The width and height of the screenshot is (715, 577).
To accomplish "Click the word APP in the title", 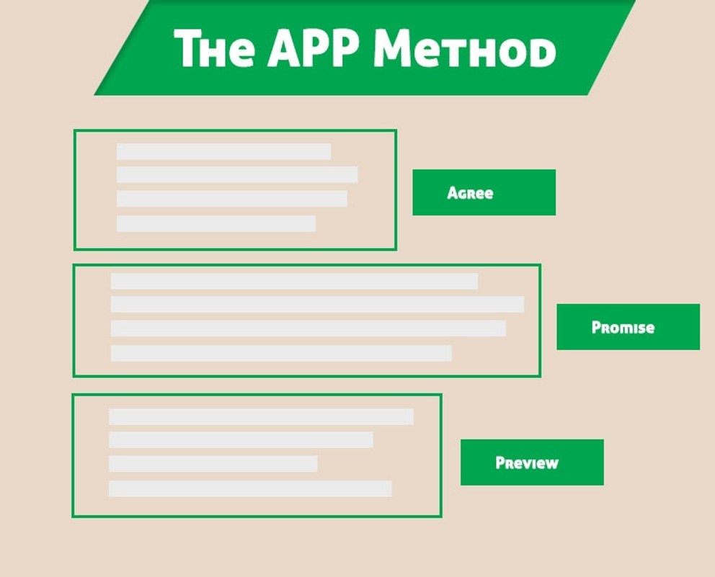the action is [x=313, y=48].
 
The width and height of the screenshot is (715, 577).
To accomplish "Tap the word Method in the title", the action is [x=465, y=48].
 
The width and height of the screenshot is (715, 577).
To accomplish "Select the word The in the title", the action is [x=214, y=48].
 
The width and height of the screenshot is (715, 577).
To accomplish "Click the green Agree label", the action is [x=484, y=192].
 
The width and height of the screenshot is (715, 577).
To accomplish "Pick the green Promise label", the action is [x=628, y=327].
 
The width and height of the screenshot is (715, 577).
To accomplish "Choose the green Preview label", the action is [x=532, y=462].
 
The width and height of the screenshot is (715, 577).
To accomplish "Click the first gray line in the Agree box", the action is [x=223, y=152].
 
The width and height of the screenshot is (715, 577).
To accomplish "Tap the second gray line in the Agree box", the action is [x=237, y=174].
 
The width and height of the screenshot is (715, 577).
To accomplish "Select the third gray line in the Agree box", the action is [x=231, y=199].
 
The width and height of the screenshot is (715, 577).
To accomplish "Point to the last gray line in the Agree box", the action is [x=216, y=224].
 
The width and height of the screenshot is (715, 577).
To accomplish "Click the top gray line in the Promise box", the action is [x=294, y=281].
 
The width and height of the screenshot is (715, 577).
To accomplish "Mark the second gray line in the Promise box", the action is [x=317, y=305].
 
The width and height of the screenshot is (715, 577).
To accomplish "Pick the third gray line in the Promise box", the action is [x=308, y=328].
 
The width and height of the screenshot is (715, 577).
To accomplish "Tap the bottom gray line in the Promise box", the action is [x=281, y=353].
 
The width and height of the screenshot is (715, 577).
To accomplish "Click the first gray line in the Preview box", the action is [x=262, y=417].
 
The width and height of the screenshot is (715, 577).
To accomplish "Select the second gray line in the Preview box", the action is [x=241, y=440].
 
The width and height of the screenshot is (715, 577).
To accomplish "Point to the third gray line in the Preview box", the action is [x=213, y=464].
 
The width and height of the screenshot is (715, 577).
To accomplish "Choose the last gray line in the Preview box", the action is [x=250, y=488].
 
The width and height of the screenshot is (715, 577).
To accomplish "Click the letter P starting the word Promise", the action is [x=596, y=327].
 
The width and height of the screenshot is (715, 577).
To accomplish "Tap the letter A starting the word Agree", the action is [x=453, y=193].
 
